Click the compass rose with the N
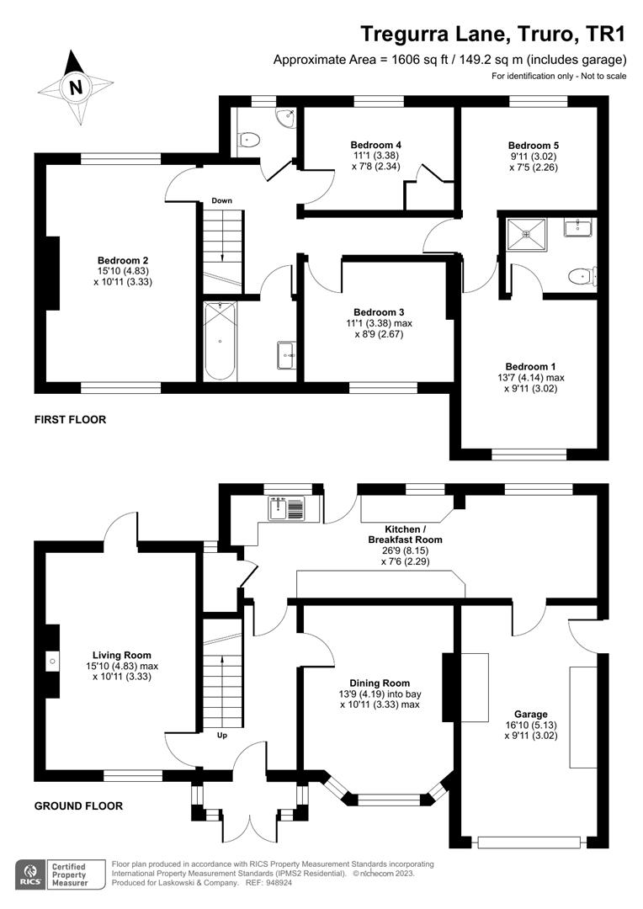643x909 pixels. click(x=77, y=87)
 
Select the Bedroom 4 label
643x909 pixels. click(x=369, y=145)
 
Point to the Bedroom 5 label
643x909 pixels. click(x=533, y=145)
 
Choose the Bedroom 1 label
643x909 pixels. click(x=530, y=366)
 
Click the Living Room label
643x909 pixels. click(x=122, y=654)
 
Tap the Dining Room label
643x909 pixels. click(x=380, y=683)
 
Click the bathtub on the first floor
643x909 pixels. click(x=221, y=342)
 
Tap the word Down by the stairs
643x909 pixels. click(x=221, y=200)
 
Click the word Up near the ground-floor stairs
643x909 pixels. click(x=222, y=735)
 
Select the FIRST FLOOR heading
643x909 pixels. click(x=70, y=419)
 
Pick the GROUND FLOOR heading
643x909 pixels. click(x=78, y=805)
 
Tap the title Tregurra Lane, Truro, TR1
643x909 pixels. click(x=494, y=34)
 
